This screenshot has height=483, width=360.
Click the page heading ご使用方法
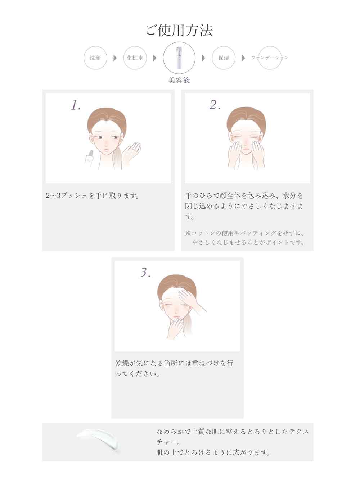[x=179, y=30]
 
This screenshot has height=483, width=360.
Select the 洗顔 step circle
[x=95, y=58]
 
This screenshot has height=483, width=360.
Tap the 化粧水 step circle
[x=135, y=58]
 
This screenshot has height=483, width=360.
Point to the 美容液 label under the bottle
[x=179, y=80]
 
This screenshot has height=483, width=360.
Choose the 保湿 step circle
[x=224, y=58]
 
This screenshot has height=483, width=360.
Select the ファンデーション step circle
[x=270, y=58]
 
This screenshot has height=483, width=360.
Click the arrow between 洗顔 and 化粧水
[x=115, y=58]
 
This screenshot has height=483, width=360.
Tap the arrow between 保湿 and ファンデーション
[x=244, y=58]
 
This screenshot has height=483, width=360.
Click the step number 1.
[x=76, y=105]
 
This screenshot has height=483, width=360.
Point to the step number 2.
[x=215, y=105]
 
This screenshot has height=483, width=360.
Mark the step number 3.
[x=145, y=273]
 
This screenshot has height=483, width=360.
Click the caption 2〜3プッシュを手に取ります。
[x=93, y=196]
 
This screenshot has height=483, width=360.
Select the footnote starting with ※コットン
[x=245, y=238]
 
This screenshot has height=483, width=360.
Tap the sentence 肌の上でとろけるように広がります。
[x=213, y=452]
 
